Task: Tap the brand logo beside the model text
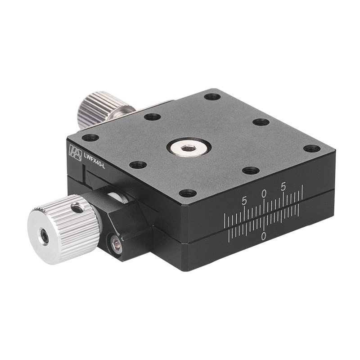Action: pyautogui.click(x=74, y=152)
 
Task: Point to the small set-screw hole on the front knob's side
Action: pyautogui.click(x=77, y=207)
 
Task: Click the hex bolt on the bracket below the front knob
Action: pyautogui.click(x=117, y=245)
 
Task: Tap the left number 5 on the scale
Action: pyautogui.click(x=244, y=201)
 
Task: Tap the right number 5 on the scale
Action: pyautogui.click(x=283, y=186)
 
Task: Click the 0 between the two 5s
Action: pyautogui.click(x=264, y=193)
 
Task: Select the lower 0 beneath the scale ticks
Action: pyautogui.click(x=263, y=236)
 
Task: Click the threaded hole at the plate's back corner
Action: pyautogui.click(x=211, y=96)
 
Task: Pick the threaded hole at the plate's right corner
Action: pyautogui.click(x=312, y=148)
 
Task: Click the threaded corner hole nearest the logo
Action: pyautogui.click(x=90, y=137)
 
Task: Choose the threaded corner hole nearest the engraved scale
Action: pyautogui.click(x=188, y=193)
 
